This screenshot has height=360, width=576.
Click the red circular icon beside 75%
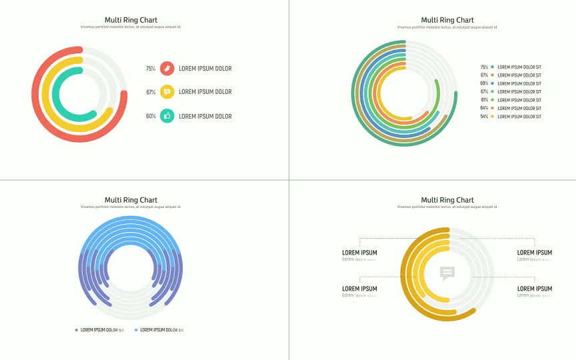point(167,68)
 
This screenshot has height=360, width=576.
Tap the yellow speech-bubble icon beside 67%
point(167,92)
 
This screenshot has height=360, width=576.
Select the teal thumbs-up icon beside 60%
point(167,116)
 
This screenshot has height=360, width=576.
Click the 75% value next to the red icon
point(151,69)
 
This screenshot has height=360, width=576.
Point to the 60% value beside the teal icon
point(151,117)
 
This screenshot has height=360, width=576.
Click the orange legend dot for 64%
point(492,108)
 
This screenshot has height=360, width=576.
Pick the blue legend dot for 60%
point(492,83)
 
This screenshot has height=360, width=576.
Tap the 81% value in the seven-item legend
point(484,100)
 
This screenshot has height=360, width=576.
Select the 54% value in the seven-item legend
point(484,117)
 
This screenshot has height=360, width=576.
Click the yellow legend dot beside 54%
point(492,117)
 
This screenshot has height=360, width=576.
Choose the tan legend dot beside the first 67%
point(492,75)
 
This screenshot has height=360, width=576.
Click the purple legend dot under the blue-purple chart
point(77,330)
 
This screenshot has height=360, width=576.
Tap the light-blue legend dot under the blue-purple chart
point(137,330)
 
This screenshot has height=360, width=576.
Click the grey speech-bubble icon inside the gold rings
point(447,273)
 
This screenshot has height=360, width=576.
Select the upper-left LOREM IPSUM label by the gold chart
point(359,253)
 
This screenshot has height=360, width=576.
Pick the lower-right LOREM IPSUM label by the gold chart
point(535,289)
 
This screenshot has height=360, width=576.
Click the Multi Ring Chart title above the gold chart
point(447,200)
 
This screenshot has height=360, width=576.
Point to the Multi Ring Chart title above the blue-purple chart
point(131,200)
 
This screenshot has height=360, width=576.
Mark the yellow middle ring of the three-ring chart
point(45,100)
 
